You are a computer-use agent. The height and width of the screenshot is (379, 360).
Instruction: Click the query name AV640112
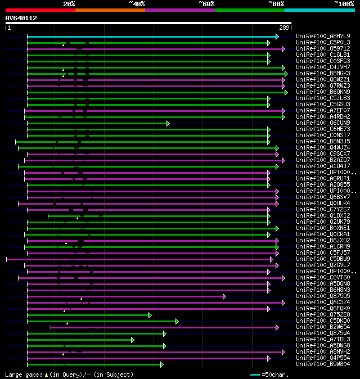21,18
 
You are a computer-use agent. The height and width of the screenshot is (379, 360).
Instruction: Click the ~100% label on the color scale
344,3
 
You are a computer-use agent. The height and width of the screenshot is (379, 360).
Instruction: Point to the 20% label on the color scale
69,3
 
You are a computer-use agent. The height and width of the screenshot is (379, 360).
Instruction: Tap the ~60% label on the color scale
206,3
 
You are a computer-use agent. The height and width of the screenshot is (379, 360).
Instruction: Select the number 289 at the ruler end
284,28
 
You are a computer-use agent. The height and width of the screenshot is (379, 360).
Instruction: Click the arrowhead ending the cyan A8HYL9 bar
277,36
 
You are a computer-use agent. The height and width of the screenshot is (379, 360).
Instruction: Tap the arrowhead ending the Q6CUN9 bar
168,123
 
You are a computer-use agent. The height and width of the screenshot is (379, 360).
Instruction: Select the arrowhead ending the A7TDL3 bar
133,339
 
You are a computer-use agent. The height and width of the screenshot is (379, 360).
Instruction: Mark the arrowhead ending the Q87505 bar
224,296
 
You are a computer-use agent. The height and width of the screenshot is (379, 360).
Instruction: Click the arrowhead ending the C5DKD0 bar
177,321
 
